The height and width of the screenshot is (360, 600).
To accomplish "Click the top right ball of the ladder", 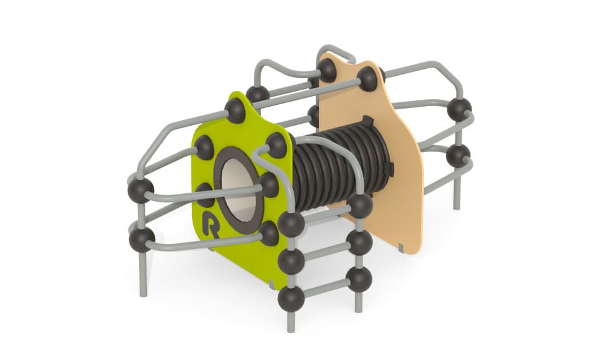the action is click(x=360, y=206).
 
